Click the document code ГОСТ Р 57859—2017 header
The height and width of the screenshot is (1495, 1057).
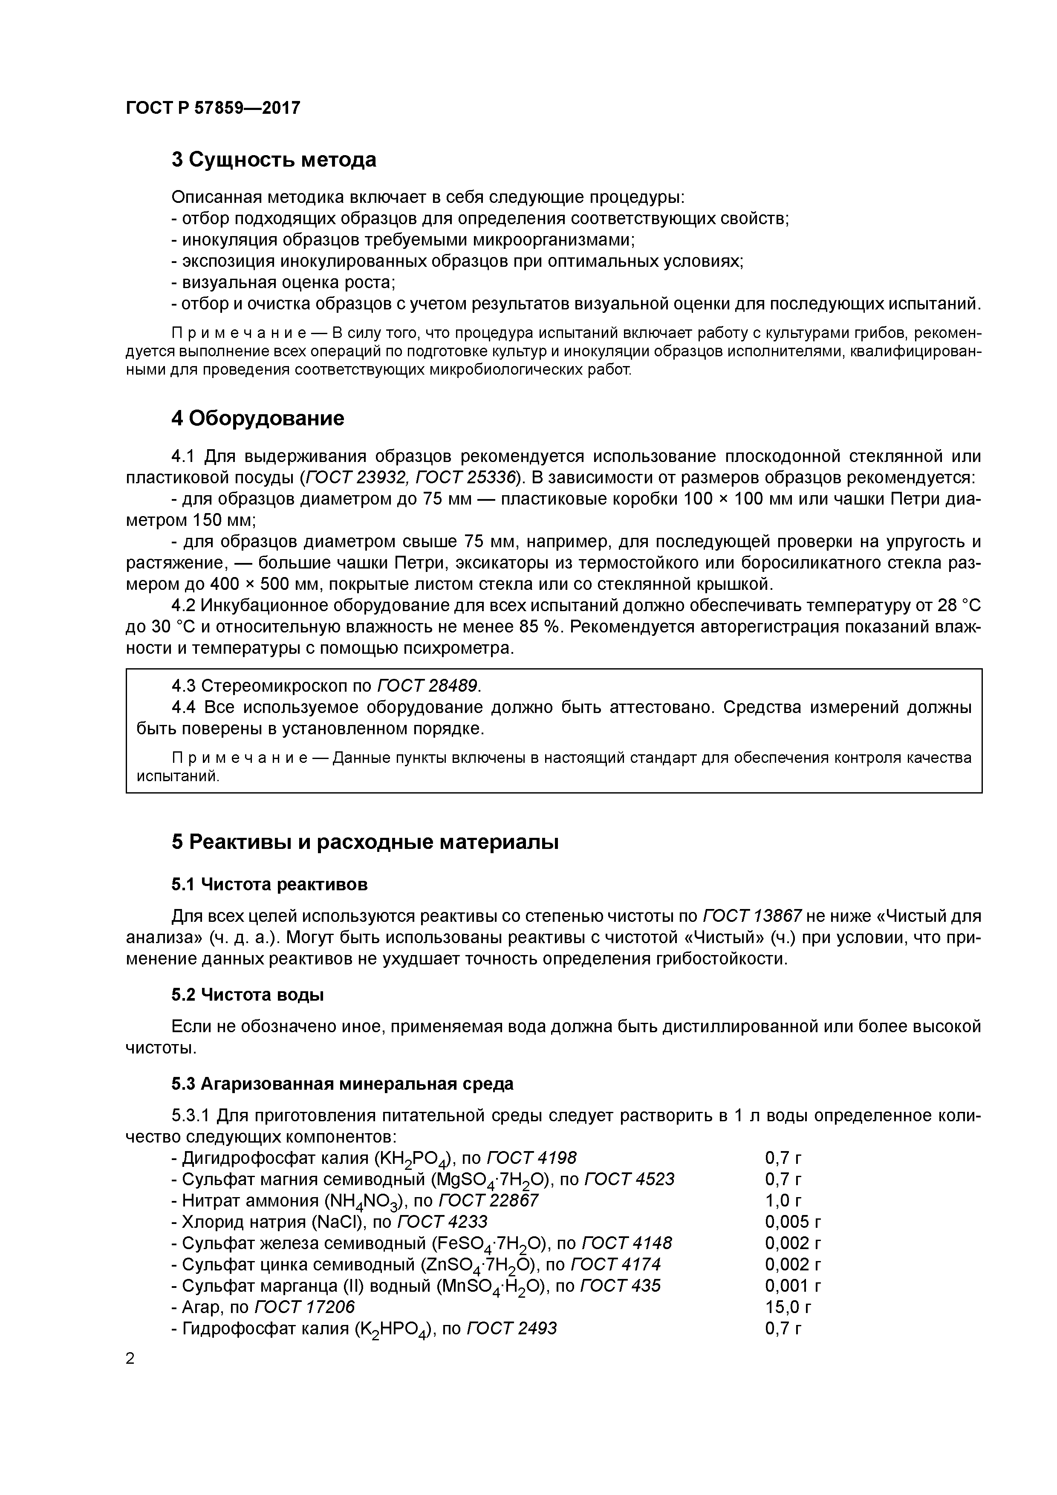pos(213,107)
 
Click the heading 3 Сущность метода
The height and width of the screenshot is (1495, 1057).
pos(274,160)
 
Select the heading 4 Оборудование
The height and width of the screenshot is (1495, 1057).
pos(257,418)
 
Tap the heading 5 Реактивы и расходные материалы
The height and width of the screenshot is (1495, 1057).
pos(365,842)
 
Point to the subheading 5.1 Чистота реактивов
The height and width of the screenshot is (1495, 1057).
pos(270,884)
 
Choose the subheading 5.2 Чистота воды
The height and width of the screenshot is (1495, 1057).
pos(248,995)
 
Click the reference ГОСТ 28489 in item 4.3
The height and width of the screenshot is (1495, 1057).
pos(427,686)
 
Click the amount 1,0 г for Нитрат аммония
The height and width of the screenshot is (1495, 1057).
pos(783,1200)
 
